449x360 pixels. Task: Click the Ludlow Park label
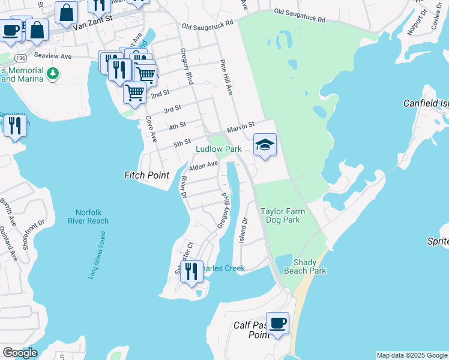tap(219, 149)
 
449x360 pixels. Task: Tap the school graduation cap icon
tap(265, 145)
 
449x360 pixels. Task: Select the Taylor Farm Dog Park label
tap(283, 215)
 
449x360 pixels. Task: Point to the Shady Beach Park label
tap(309, 267)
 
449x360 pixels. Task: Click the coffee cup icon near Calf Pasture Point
tap(277, 324)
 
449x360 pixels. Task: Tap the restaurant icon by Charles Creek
tap(191, 271)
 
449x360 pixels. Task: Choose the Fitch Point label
tap(146, 175)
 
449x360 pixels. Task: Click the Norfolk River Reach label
tap(92, 217)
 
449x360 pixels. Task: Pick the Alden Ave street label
tap(203, 166)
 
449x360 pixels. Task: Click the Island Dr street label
tap(243, 230)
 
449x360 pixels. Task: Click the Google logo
tap(20, 352)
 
